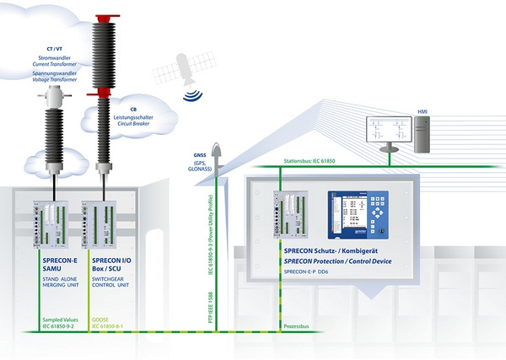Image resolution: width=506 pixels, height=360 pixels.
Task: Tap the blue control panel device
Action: pos(359,214)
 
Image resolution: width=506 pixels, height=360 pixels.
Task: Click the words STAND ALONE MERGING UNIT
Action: pos(59,279)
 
